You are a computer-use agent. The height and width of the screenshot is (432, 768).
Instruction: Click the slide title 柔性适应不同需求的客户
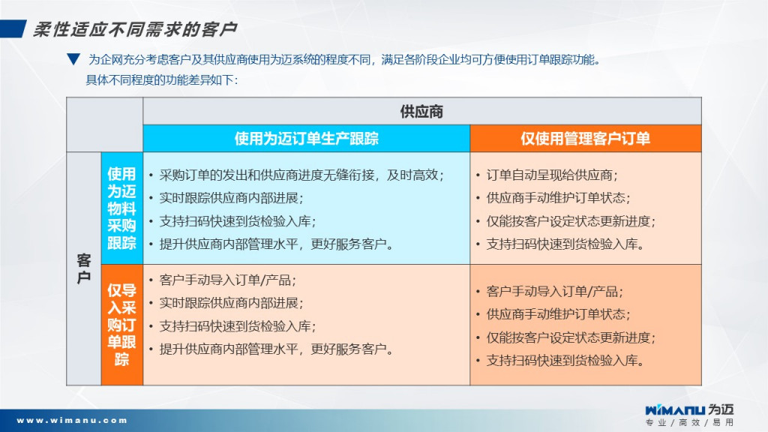tap(135, 29)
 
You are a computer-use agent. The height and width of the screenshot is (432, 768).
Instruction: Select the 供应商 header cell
tap(421, 111)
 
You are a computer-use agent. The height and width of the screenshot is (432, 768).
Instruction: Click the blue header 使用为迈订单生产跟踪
tap(307, 139)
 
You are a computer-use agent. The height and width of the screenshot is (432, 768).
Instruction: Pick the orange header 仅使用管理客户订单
tap(585, 139)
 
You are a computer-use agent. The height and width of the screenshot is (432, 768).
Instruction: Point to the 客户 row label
tap(84, 268)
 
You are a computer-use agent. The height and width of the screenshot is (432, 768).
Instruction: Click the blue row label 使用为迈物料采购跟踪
tap(122, 208)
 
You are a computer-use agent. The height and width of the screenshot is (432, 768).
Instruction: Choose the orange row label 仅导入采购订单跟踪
tap(122, 325)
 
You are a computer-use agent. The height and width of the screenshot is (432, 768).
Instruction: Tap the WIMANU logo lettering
tap(675, 410)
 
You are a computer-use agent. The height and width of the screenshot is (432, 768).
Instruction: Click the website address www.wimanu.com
tap(73, 420)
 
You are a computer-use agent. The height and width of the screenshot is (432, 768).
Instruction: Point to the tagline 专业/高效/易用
tap(689, 422)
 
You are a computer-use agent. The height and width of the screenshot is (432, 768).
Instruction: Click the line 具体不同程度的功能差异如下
tap(162, 79)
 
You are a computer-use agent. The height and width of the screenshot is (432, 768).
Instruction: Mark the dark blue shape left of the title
tap(13, 29)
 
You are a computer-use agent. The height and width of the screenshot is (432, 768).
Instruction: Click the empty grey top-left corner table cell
tap(105, 124)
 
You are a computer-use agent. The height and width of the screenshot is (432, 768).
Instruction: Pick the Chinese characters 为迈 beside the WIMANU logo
tap(721, 409)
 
